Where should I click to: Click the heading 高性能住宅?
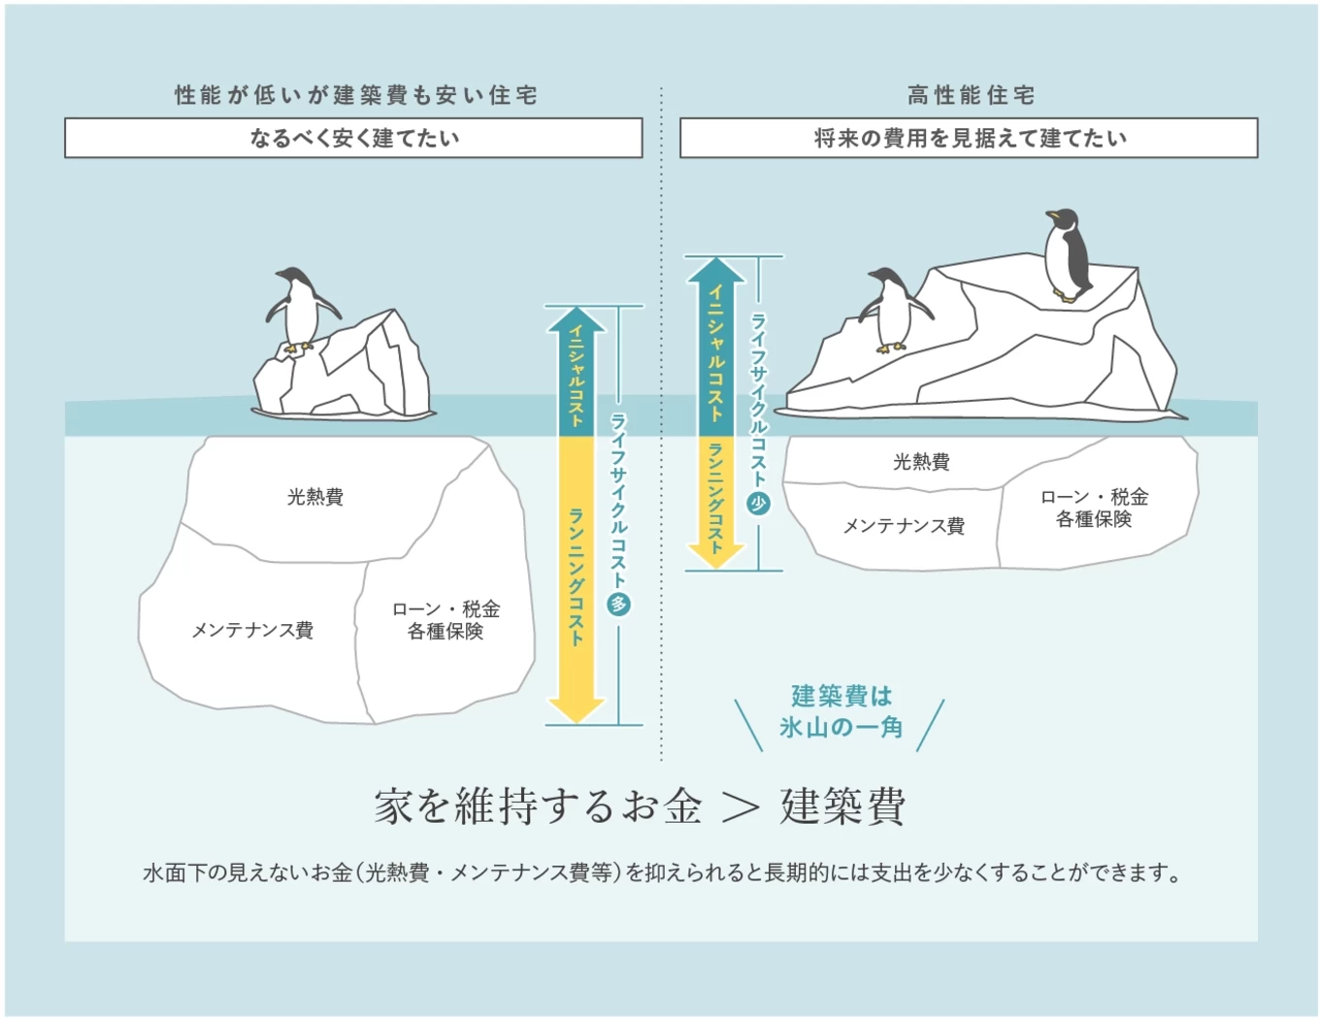971,95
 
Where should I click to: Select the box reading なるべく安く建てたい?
353,138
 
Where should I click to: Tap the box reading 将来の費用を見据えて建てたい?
969,138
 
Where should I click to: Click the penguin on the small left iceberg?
300,310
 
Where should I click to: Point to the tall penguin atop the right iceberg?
1068,255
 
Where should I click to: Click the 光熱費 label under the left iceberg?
315,497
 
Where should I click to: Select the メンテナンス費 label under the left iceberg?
252,630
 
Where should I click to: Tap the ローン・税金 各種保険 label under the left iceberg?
445,620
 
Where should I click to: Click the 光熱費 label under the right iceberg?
921,462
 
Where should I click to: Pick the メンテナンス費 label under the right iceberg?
904,525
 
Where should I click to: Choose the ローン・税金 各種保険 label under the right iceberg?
1094,508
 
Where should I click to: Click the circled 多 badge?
618,605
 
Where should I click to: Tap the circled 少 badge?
758,504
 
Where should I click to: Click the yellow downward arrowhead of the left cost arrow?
576,709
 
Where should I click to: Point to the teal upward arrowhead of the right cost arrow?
715,271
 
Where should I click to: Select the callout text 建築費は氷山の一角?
841,711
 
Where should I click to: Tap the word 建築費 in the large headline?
842,806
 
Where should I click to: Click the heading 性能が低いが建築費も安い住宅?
356,95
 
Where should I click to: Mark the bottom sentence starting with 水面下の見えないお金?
662,872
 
